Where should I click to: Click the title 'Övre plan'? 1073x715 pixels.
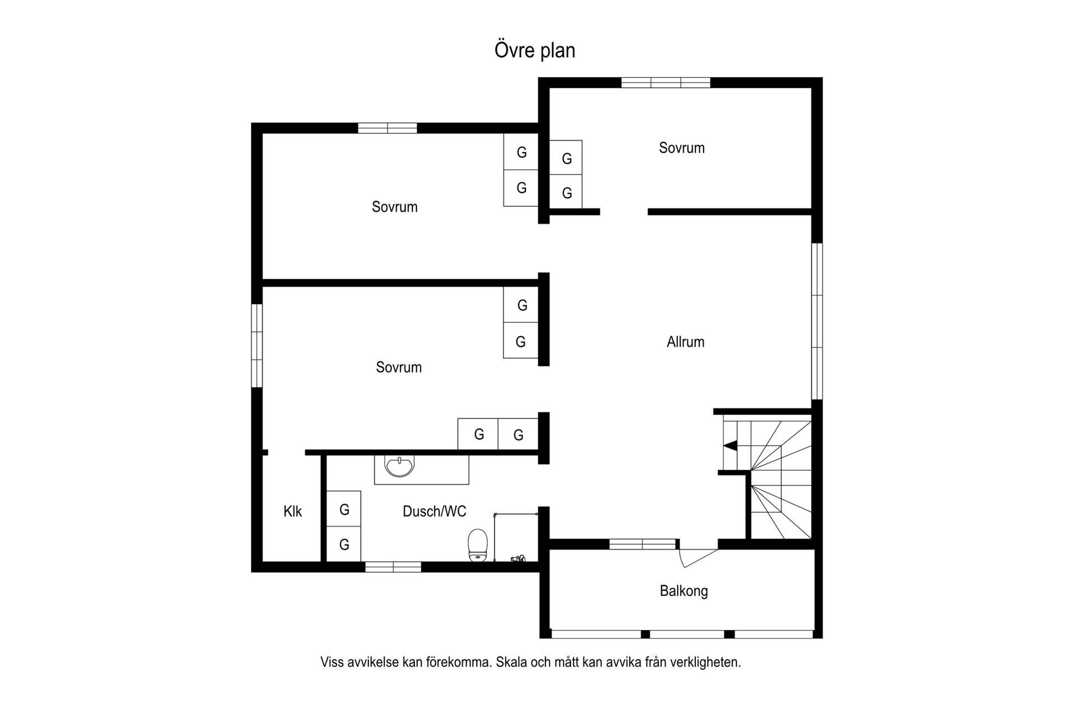coord(535,50)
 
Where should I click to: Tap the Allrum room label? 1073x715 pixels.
coord(685,342)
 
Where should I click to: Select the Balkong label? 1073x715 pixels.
coord(683,591)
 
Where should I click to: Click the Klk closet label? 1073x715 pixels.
coord(292,511)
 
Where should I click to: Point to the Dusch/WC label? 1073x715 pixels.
coord(434,511)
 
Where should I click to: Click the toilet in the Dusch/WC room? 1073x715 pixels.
coord(477,544)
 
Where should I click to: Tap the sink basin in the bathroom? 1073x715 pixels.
coord(400,466)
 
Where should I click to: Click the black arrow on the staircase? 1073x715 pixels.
coord(730,446)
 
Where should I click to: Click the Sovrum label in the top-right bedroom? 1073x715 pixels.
coord(681,148)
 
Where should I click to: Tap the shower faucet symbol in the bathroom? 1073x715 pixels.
coord(518,558)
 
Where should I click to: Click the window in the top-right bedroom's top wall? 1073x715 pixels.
coord(666,83)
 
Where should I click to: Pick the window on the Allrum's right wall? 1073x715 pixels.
coord(817,321)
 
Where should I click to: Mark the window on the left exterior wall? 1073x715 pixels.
coord(257,345)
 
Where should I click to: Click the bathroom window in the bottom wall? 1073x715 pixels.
coord(393,567)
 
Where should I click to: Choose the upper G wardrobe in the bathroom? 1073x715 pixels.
coord(344,508)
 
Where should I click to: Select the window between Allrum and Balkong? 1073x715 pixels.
coord(643,544)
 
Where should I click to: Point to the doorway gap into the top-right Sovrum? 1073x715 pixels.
coord(624,212)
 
